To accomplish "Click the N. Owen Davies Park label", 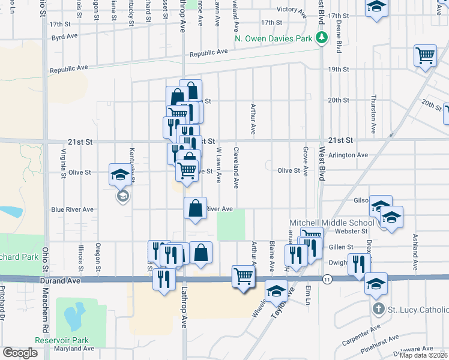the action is [274, 39].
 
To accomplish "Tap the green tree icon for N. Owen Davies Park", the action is [322, 39].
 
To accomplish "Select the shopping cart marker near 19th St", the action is [425, 56].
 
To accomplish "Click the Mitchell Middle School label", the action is [332, 222].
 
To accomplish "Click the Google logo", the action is [20, 353].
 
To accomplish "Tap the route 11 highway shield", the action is [327, 279].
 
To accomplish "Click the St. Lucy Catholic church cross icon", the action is [377, 310].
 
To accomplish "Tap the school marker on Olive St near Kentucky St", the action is [118, 175].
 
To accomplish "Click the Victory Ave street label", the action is [292, 10].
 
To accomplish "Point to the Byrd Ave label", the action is [65, 37].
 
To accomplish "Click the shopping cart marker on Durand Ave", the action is [243, 277].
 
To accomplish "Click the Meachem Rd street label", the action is [45, 309].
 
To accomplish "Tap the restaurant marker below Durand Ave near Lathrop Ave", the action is [164, 279].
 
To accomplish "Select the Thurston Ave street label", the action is [373, 114].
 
